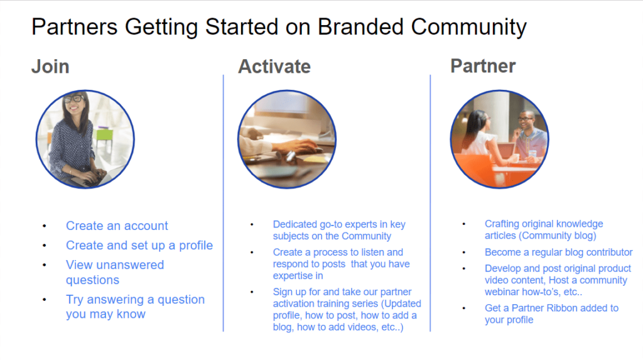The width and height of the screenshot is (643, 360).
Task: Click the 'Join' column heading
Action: click(x=50, y=67)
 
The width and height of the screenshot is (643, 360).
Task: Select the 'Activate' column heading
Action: click(x=274, y=67)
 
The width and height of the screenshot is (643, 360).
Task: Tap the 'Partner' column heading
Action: click(x=483, y=66)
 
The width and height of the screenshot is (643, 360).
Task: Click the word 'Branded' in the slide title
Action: click(x=361, y=28)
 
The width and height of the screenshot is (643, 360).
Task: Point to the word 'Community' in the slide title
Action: click(x=468, y=28)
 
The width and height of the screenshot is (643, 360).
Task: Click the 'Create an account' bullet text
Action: click(x=117, y=226)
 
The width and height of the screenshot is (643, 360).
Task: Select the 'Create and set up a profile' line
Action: click(x=139, y=246)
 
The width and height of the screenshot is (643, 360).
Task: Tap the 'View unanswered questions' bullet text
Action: click(x=114, y=273)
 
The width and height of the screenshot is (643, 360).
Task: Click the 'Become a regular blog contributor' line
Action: click(x=558, y=253)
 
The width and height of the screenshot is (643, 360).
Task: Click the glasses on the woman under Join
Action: click(x=74, y=99)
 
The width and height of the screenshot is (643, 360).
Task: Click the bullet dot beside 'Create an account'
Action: click(x=44, y=226)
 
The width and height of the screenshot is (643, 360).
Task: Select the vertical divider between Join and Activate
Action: click(x=224, y=201)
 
